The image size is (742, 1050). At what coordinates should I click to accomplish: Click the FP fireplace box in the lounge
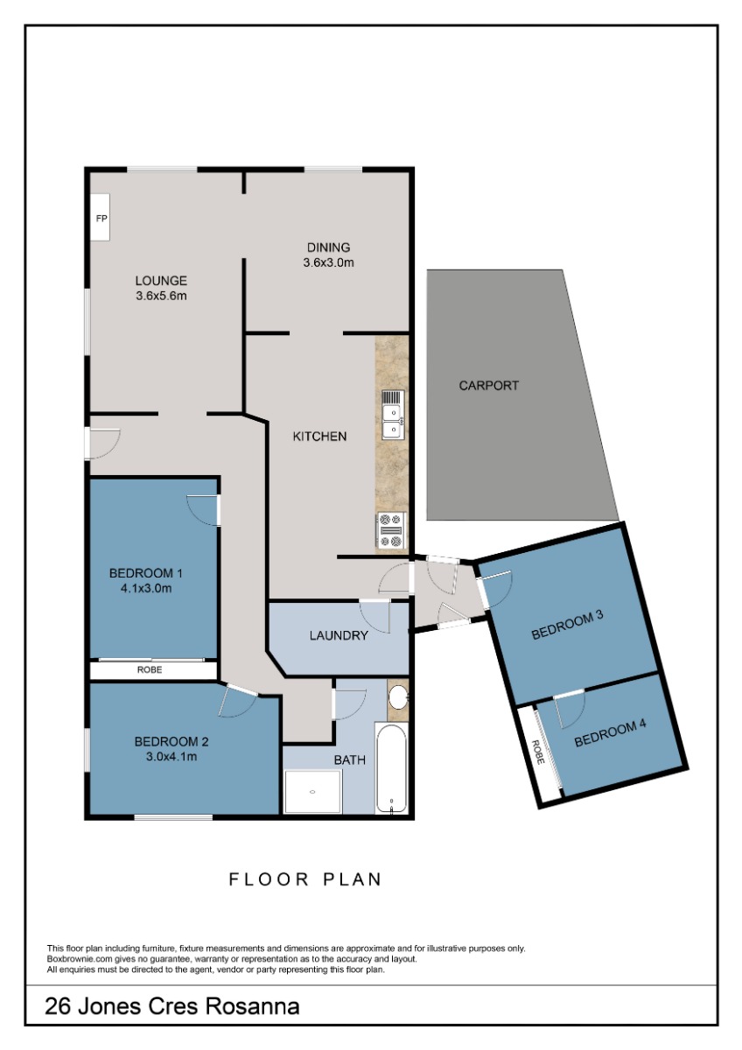100,218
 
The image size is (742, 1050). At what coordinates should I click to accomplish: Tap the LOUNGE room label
161,281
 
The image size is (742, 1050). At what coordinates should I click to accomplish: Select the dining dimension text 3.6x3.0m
328,262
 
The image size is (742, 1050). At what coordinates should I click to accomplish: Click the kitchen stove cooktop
391,530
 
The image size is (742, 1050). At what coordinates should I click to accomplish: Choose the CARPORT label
488,386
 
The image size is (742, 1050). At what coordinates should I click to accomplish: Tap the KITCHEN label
319,437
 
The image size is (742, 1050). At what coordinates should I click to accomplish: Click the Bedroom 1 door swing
203,510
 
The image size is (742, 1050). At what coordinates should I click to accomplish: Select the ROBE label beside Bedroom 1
150,670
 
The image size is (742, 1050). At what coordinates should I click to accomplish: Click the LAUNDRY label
339,635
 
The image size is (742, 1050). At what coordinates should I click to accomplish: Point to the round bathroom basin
399,698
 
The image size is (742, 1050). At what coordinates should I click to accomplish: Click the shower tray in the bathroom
312,792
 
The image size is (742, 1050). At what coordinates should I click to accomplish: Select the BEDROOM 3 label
567,626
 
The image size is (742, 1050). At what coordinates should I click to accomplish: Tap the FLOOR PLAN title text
304,880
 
